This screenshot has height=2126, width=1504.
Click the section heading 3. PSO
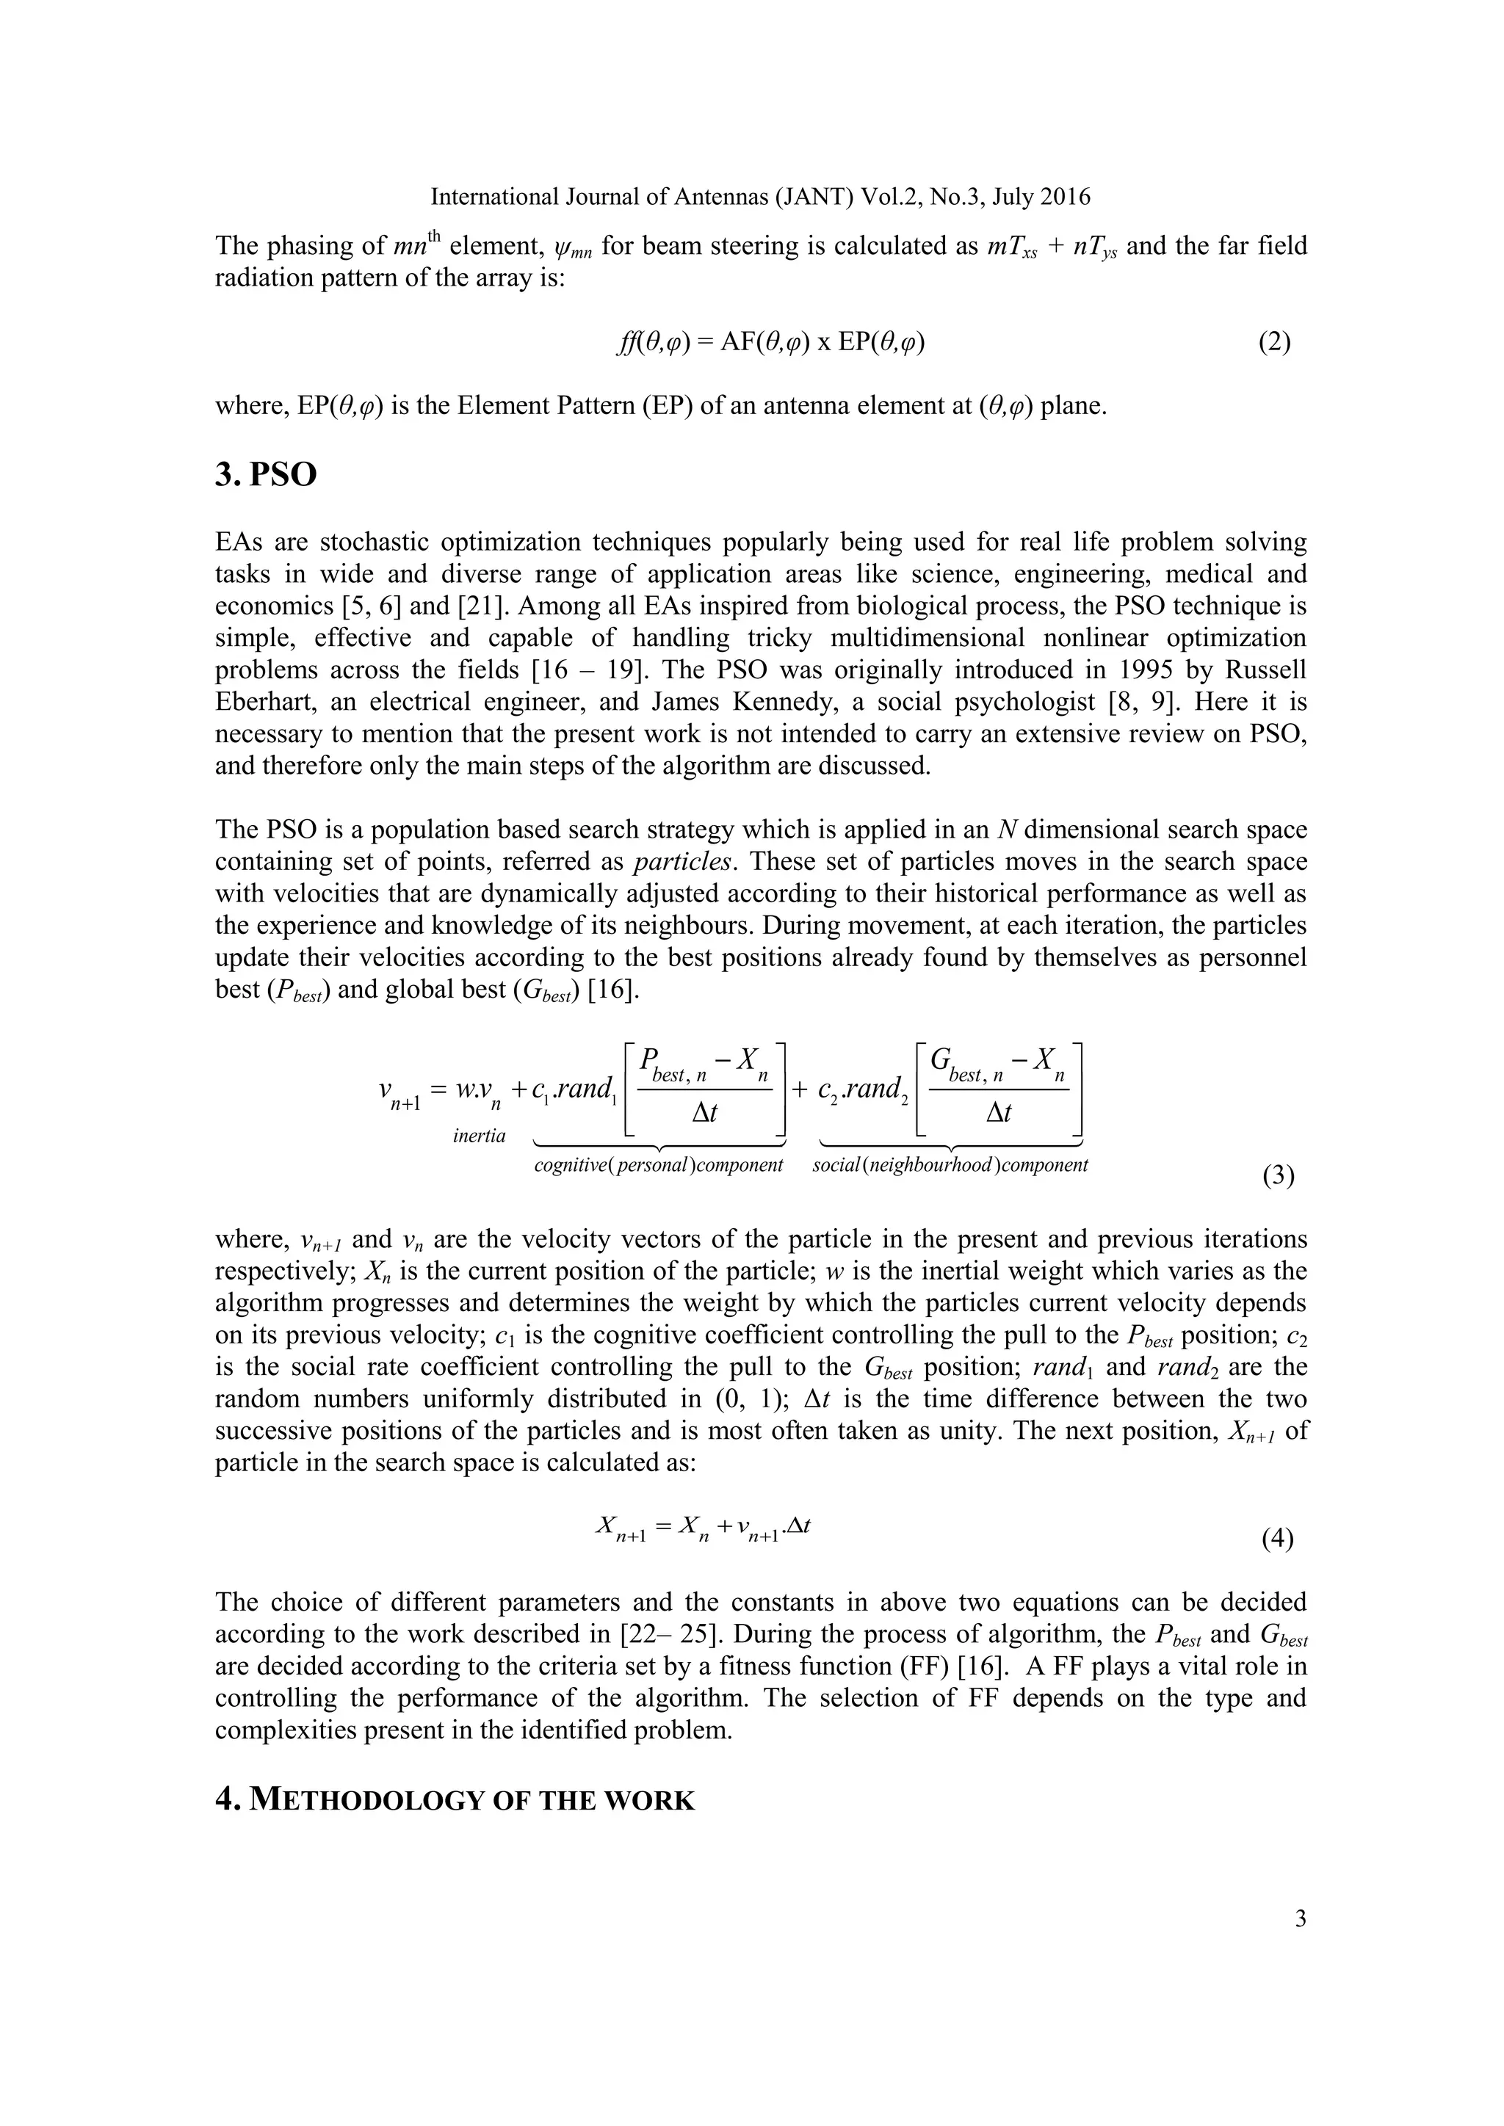click(266, 475)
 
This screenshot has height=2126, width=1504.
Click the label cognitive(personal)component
click(659, 1165)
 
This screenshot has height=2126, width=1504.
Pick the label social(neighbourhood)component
click(950, 1165)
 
